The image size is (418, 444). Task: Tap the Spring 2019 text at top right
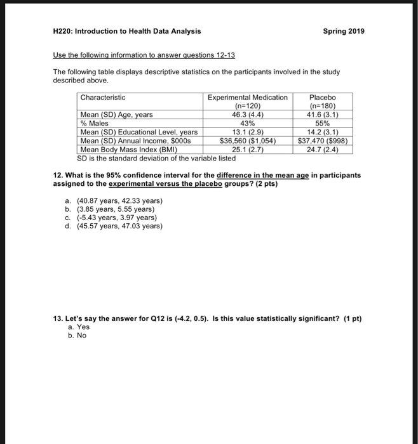click(x=344, y=30)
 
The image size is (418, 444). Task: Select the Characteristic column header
click(x=103, y=98)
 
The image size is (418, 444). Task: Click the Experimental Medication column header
click(x=248, y=98)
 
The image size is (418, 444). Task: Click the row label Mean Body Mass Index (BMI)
click(x=127, y=150)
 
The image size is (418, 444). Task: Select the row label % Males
click(x=94, y=124)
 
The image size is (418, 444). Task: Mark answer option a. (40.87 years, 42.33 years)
click(x=114, y=200)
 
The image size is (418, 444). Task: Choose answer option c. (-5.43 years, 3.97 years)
click(x=111, y=218)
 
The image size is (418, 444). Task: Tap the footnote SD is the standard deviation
click(x=147, y=158)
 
